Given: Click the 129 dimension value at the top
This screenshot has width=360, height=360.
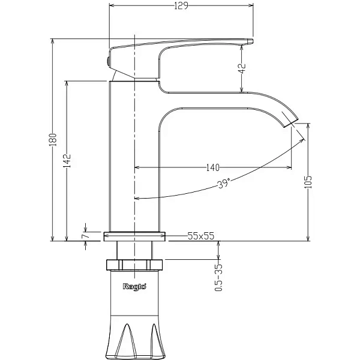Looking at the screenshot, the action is pyautogui.click(x=181, y=5).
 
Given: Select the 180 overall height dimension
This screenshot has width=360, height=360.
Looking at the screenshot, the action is pyautogui.click(x=53, y=140).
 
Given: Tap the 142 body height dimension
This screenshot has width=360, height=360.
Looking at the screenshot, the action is pyautogui.click(x=67, y=160).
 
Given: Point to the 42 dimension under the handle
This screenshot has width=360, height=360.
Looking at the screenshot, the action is pyautogui.click(x=242, y=68).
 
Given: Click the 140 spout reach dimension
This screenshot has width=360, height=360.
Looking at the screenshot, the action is pyautogui.click(x=213, y=167).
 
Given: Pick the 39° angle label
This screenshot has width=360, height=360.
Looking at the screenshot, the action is pyautogui.click(x=223, y=184).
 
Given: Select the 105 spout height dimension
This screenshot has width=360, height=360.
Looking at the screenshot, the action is pyautogui.click(x=308, y=182).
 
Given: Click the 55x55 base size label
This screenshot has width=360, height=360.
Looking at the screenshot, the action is pyautogui.click(x=201, y=236).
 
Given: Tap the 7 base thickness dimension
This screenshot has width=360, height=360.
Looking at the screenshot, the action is pyautogui.click(x=85, y=236).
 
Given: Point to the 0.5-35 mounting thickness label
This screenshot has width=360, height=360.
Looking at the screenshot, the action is pyautogui.click(x=218, y=277).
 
